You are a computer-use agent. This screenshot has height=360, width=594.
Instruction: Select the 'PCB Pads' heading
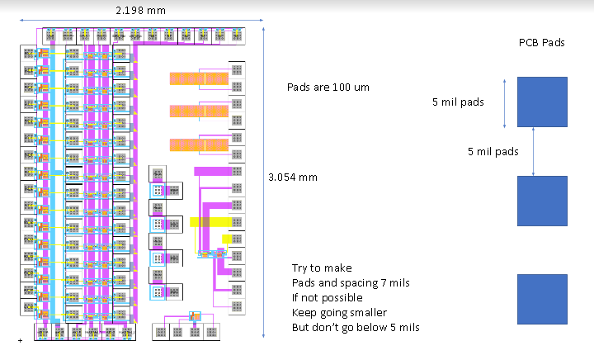[x=541, y=43]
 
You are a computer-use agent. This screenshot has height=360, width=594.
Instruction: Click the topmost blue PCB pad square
[x=542, y=102]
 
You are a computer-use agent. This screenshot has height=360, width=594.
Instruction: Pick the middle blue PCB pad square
[x=542, y=201]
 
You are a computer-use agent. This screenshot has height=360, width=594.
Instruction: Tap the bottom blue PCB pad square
[x=542, y=300]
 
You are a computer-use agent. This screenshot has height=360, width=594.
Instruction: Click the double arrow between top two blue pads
[x=534, y=151]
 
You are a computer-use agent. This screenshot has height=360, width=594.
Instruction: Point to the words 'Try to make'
[x=322, y=268]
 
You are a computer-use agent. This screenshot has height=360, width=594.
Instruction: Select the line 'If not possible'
[x=328, y=298]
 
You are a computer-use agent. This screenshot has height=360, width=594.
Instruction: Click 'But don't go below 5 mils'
[x=356, y=328]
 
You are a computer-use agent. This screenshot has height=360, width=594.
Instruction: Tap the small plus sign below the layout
[x=19, y=340]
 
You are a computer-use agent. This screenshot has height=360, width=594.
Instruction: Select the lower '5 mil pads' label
[x=492, y=152]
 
